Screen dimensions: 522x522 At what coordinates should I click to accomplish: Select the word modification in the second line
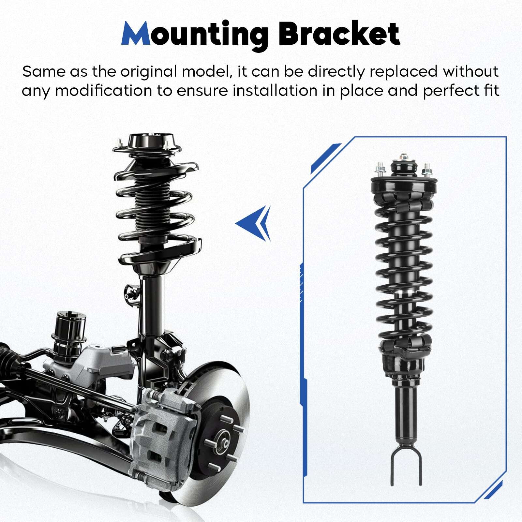103,91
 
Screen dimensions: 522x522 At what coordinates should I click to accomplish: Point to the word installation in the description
275,91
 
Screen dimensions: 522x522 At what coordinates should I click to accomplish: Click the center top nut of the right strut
405,157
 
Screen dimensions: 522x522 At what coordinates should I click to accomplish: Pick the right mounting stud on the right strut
426,171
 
